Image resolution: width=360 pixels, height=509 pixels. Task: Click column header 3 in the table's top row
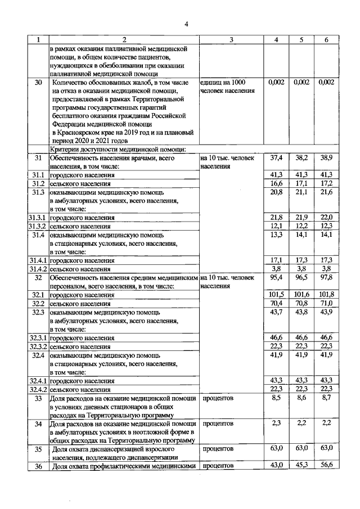coord(231,40)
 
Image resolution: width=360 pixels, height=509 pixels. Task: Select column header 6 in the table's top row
coord(326,40)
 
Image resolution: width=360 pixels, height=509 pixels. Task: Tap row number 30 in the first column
coord(38,83)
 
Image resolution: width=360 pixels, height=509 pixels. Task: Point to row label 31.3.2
coord(38,226)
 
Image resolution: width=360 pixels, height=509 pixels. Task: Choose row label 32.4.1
coord(38,381)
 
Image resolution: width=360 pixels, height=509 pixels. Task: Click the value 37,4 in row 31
coord(276,159)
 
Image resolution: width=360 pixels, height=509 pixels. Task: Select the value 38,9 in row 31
coord(326,159)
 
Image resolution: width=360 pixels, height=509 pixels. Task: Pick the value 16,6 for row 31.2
coord(276,184)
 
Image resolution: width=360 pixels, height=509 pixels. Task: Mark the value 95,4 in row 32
coord(276,277)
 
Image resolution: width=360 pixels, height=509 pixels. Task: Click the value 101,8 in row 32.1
coord(326,294)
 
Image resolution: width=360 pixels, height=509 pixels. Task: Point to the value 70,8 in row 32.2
coord(301,303)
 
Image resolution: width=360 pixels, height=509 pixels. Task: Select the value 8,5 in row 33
coord(276,398)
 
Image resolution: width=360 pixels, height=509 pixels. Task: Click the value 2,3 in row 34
coord(276,422)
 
